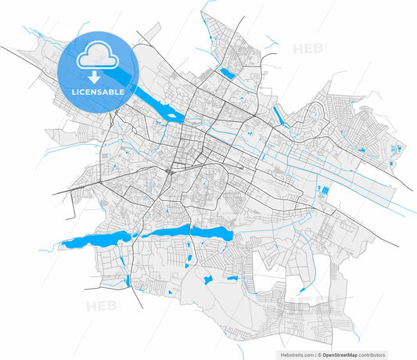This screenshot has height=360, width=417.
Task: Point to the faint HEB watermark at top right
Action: [309, 49]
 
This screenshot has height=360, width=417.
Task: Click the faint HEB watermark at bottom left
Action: [102, 305]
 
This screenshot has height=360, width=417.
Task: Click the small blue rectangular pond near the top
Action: [228, 73]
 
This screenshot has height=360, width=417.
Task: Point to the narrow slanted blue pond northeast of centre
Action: [279, 114]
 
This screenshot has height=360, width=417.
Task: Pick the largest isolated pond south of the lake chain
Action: [209, 279]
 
